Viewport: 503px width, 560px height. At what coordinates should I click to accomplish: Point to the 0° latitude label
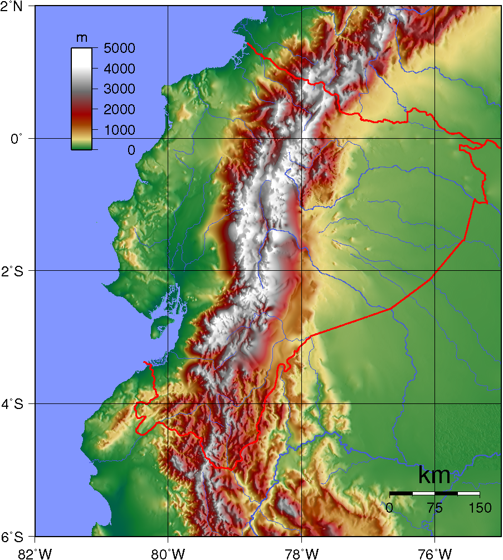click(16, 138)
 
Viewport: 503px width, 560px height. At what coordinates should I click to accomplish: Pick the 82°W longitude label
click(35, 553)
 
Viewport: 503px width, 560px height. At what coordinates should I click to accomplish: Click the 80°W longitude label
click(168, 553)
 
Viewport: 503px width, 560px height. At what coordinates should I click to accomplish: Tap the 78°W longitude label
click(301, 553)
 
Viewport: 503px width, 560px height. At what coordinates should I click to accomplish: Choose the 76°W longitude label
click(434, 553)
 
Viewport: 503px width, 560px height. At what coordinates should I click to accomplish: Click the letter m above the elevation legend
click(81, 38)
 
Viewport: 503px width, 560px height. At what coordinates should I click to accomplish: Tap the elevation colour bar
click(81, 99)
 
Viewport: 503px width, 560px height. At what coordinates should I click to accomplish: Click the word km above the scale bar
click(434, 476)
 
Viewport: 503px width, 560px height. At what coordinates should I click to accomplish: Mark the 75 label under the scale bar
click(434, 508)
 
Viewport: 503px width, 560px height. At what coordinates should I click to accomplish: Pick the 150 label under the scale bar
click(480, 508)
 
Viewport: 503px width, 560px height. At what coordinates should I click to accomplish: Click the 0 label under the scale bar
click(390, 508)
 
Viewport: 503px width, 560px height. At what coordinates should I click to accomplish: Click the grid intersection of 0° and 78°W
click(301, 138)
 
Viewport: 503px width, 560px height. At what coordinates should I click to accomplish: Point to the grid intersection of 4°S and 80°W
click(168, 403)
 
